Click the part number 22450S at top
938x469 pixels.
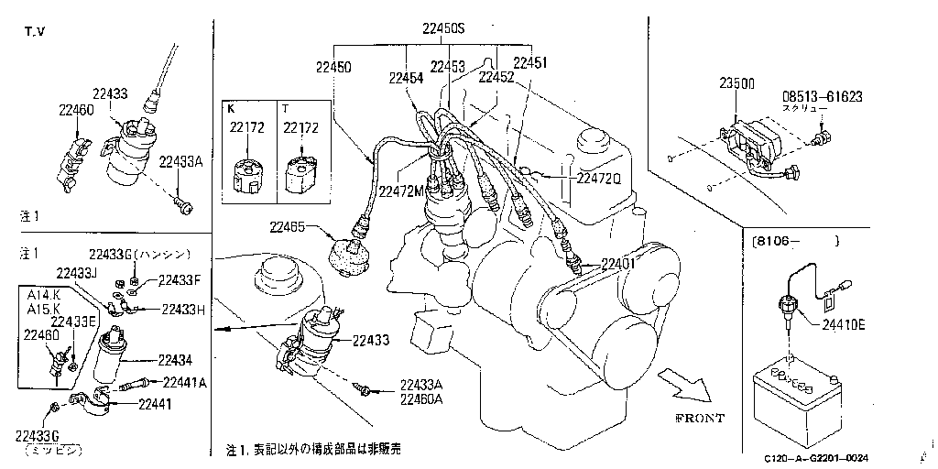(443, 29)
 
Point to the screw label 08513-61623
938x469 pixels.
(822, 95)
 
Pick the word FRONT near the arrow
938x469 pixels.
(699, 418)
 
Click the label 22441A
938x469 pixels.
(183, 382)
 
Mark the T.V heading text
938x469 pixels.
(35, 32)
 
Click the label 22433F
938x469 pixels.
(178, 280)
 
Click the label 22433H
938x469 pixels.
(182, 309)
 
